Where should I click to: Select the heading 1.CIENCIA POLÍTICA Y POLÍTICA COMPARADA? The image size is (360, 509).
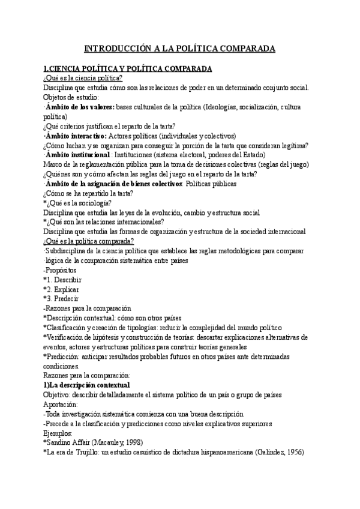pos(129,69)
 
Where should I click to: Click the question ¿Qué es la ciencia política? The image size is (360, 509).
pos(83,79)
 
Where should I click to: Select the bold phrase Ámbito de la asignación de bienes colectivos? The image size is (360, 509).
pos(114,184)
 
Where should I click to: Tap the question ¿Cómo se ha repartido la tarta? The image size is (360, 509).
pos(88,193)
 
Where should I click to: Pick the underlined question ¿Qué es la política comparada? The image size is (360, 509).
pos(88,241)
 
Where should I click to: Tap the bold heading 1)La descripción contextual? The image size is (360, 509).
pos(86,385)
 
